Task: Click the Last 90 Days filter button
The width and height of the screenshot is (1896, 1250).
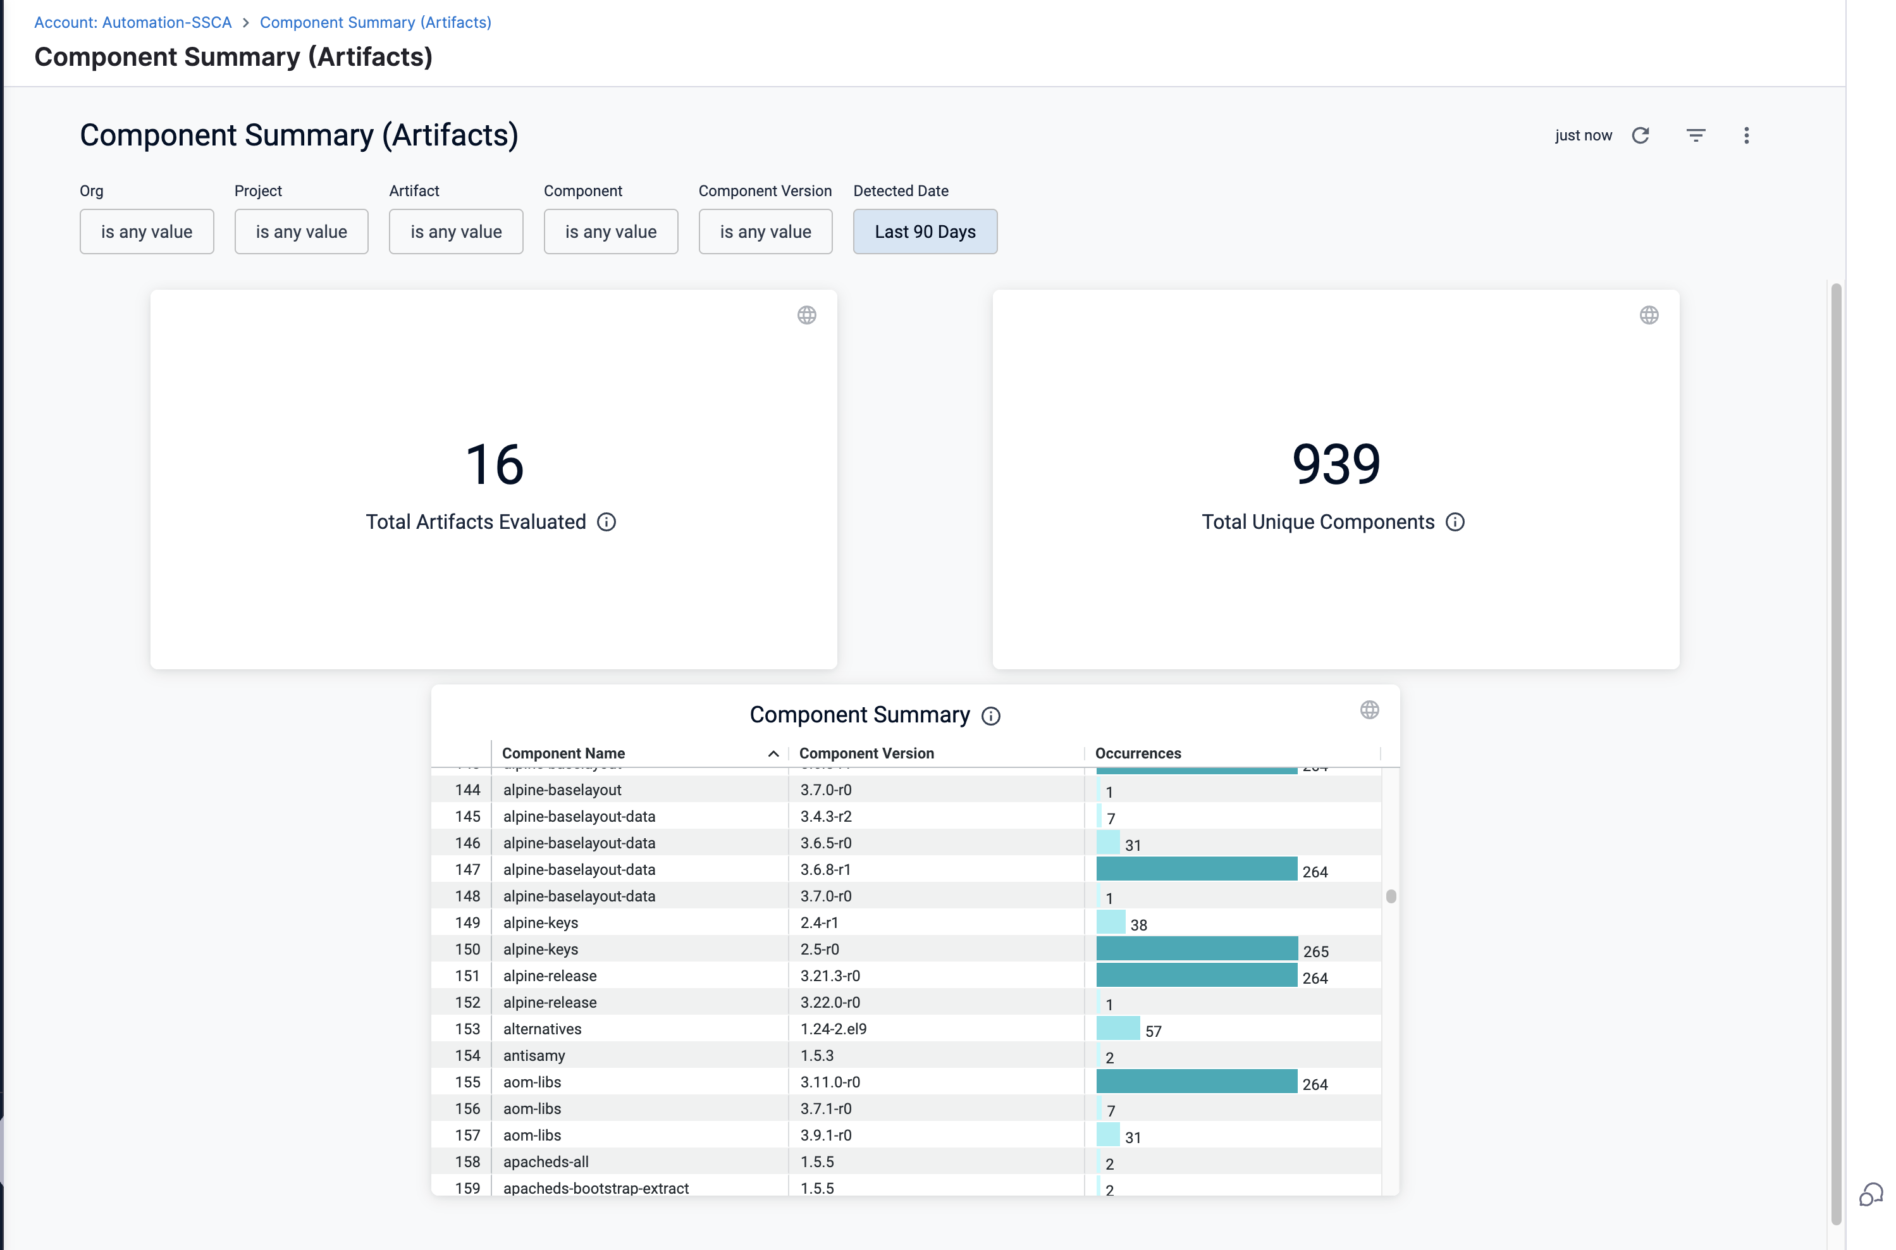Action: tap(925, 232)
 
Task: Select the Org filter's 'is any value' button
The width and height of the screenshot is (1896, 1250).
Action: tap(147, 232)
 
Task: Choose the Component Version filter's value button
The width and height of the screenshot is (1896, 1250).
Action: tap(765, 232)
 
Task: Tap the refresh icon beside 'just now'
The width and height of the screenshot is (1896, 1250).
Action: tap(1640, 135)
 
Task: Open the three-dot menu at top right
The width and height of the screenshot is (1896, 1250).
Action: tap(1746, 135)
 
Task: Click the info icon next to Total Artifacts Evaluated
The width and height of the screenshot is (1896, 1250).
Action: tap(606, 522)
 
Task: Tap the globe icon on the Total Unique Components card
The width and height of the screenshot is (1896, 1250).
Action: tap(1649, 316)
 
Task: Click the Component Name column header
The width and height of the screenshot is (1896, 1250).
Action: tap(563, 753)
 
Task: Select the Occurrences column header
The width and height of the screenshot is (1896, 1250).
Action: tap(1138, 753)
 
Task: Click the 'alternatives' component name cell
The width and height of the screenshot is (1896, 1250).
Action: tap(543, 1029)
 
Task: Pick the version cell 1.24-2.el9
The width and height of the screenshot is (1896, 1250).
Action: tap(833, 1029)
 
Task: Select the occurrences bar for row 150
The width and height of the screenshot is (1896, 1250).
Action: tap(1197, 949)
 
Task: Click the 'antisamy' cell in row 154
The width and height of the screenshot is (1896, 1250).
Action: tap(534, 1056)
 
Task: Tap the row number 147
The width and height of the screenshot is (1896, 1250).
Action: tap(468, 870)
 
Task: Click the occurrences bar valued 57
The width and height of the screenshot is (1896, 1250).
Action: tap(1118, 1029)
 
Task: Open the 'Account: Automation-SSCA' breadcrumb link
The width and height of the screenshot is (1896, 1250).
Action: tap(133, 22)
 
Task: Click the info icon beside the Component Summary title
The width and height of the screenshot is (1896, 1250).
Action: tap(990, 716)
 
